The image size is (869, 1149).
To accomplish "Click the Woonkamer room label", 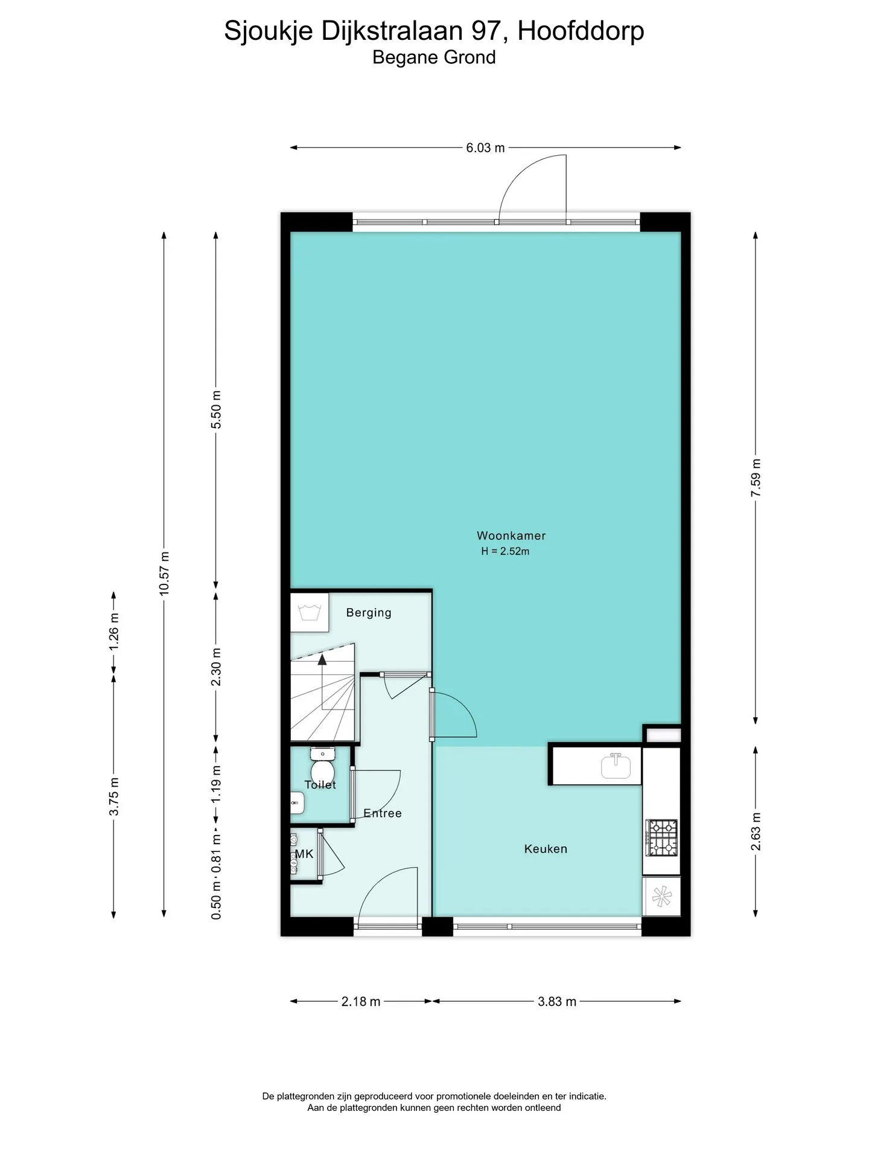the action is (511, 536).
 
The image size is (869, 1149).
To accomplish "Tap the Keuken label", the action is (546, 849).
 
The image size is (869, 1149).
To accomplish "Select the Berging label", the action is (369, 613).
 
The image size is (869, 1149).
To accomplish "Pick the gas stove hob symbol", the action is (662, 837).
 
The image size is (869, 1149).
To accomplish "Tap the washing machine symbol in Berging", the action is (310, 612).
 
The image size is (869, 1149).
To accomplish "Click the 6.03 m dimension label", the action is (485, 147).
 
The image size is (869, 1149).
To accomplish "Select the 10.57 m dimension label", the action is (164, 573).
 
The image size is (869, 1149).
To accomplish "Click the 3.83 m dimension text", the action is (557, 1002).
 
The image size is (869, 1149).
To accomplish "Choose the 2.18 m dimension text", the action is (361, 1002).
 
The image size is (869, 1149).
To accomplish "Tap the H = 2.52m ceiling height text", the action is (505, 551).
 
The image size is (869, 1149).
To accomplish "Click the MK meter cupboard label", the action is (304, 854).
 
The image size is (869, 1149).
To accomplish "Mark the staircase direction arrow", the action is (322, 681).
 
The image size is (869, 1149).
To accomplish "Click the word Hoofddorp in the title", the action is (581, 31).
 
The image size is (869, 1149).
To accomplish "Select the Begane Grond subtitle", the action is (434, 57).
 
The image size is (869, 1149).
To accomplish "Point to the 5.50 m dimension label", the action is (216, 409).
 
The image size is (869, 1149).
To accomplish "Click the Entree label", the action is (383, 813).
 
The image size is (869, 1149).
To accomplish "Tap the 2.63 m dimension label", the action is (756, 831).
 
